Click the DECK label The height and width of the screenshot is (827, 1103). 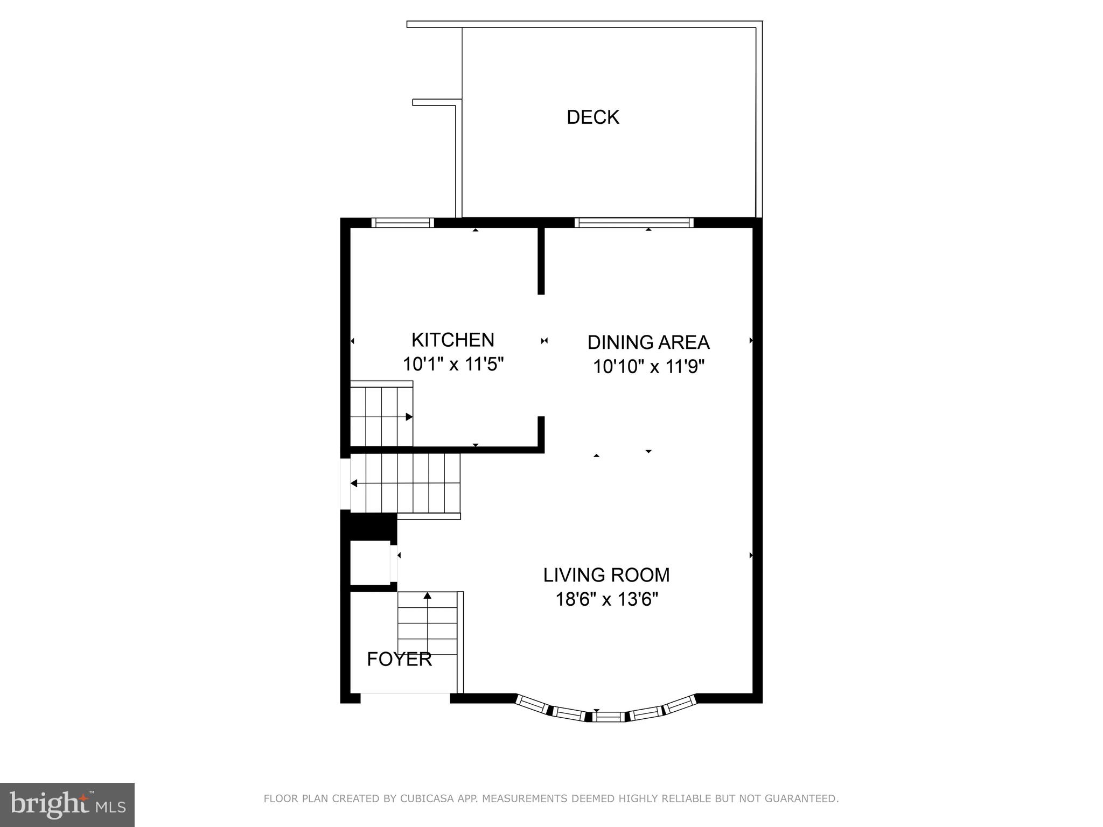592,117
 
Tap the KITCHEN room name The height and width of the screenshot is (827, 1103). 452,340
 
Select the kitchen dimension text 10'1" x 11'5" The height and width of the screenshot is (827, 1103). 453,365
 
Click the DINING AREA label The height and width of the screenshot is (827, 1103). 648,342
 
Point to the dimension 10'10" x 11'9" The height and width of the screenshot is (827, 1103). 648,367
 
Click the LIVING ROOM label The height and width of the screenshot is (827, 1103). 606,575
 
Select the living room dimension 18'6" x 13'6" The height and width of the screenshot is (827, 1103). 606,599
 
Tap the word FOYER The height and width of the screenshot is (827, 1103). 399,659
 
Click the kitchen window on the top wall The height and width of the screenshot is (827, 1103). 402,222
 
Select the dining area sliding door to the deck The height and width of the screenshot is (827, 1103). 633,222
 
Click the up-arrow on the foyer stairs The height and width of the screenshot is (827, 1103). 428,595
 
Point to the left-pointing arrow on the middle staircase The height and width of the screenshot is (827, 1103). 354,483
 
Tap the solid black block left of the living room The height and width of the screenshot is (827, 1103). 369,527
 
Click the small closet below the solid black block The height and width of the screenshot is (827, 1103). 369,563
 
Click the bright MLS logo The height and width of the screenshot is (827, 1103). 67,804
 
